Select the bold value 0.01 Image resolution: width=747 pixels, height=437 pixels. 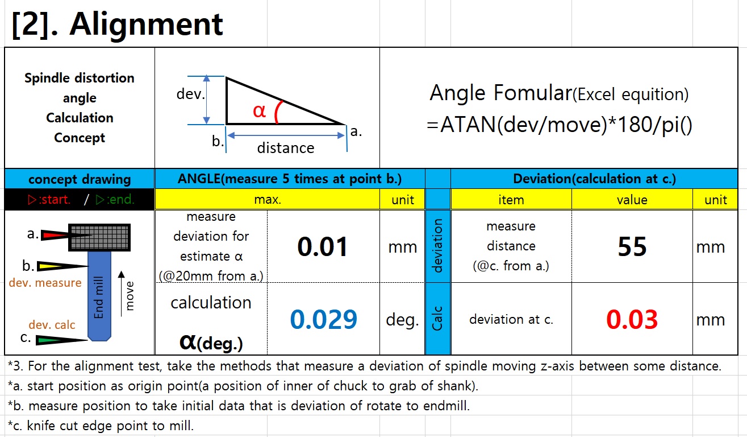click(323, 247)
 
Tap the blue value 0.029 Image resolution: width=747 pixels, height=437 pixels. click(323, 319)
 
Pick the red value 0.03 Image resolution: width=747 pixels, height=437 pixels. click(632, 319)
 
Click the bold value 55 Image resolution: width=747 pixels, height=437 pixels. click(632, 247)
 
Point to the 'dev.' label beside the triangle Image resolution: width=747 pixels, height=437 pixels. click(190, 94)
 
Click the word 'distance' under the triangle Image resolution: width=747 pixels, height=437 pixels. click(286, 148)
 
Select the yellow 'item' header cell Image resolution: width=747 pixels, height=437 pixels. click(511, 200)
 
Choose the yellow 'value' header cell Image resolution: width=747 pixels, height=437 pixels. click(632, 200)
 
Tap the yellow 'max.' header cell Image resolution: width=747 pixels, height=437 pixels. click(268, 200)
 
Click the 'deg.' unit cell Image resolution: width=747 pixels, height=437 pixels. click(402, 319)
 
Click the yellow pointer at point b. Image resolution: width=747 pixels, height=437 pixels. click(62, 266)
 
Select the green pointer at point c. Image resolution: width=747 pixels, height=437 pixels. click(61, 340)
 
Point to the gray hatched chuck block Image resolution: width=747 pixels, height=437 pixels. click(99, 237)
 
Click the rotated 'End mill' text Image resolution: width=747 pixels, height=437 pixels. click(99, 298)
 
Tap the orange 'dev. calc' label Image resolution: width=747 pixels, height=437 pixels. click(52, 325)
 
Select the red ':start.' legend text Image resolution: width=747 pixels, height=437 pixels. click(49, 200)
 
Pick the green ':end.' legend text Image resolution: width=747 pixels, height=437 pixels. click(115, 200)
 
